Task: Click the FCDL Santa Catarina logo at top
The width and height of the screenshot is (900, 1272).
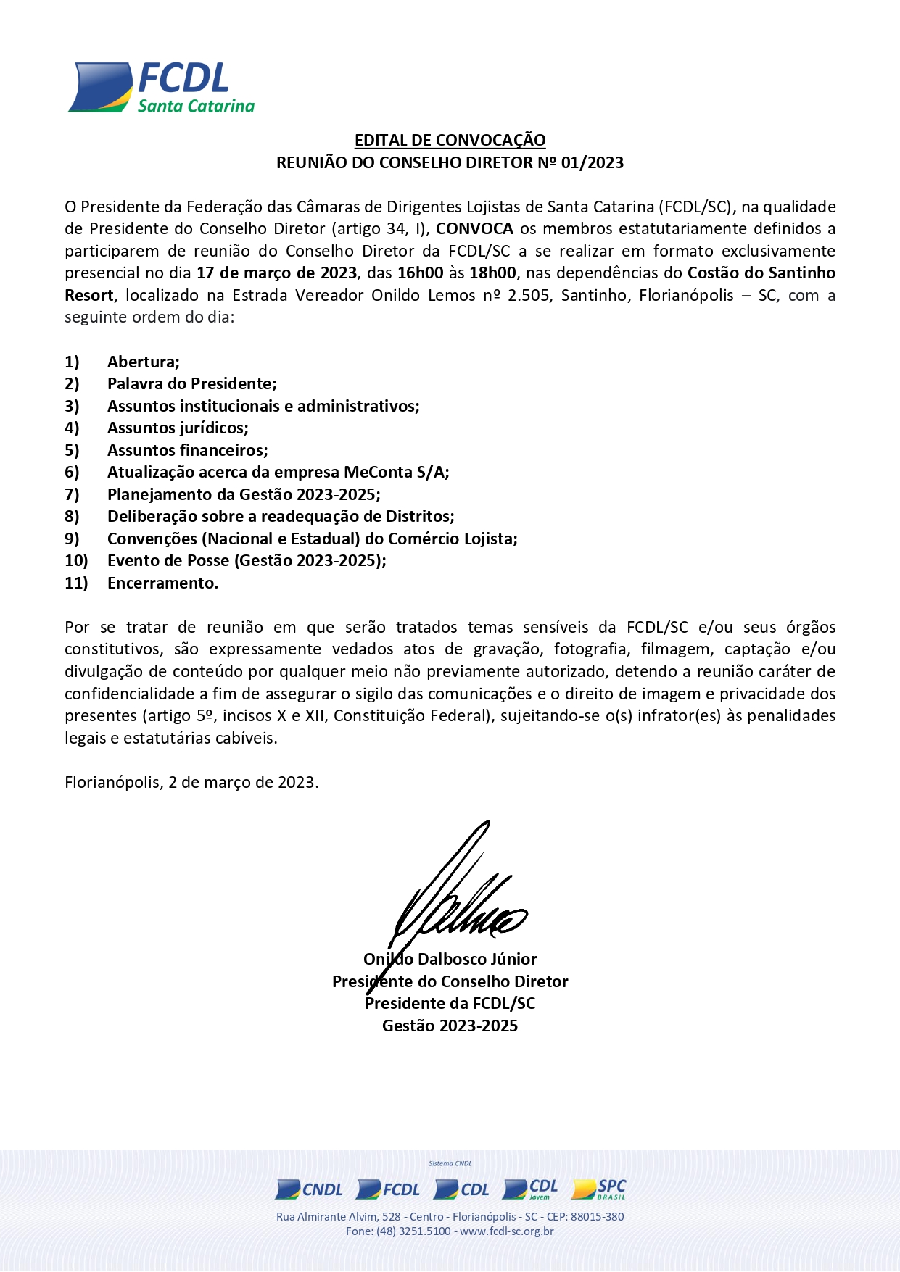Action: (x=161, y=88)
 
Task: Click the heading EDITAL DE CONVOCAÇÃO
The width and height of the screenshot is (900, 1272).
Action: (x=450, y=140)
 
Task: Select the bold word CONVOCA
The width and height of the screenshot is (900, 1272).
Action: (x=474, y=229)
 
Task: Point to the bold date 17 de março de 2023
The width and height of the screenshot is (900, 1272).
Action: (x=276, y=273)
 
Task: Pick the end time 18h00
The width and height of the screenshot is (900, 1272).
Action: (x=492, y=273)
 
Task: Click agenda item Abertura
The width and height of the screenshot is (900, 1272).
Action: (x=144, y=362)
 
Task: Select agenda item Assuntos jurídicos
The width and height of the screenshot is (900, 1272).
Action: (x=178, y=428)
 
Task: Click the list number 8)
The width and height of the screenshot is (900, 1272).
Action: (x=72, y=517)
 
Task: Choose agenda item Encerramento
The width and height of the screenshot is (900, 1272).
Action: (x=162, y=583)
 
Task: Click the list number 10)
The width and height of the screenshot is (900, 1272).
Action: (x=76, y=561)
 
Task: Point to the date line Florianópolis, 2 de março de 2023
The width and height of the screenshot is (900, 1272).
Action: (x=191, y=783)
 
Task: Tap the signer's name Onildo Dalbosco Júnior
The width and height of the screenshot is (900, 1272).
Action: (x=450, y=960)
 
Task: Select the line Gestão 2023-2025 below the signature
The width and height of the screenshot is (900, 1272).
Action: (x=450, y=1026)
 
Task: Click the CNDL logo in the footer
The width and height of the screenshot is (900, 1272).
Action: (x=309, y=1189)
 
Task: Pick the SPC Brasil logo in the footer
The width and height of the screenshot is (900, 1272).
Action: (x=598, y=1189)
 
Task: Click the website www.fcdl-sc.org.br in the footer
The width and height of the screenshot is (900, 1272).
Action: (x=506, y=1231)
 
